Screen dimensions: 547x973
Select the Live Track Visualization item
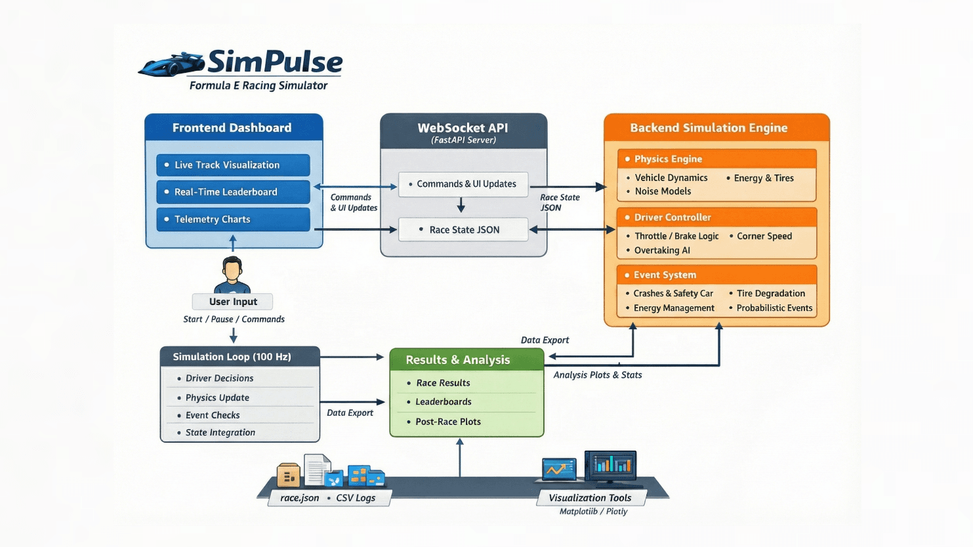tap(233, 165)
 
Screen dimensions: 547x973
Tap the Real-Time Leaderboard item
tap(233, 192)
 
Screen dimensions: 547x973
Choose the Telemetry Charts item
tap(233, 220)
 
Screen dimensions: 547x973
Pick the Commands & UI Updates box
tap(463, 184)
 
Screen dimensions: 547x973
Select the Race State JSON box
tap(463, 230)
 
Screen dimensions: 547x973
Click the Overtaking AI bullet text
tap(662, 251)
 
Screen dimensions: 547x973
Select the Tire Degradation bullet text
tap(770, 293)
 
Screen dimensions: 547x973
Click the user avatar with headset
tap(232, 275)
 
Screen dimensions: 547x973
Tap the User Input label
tap(232, 302)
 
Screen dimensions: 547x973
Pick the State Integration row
tap(220, 433)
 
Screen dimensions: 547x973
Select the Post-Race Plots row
tap(448, 422)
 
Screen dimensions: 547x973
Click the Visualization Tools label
tap(590, 498)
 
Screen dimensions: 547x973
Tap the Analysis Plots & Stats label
tap(597, 375)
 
